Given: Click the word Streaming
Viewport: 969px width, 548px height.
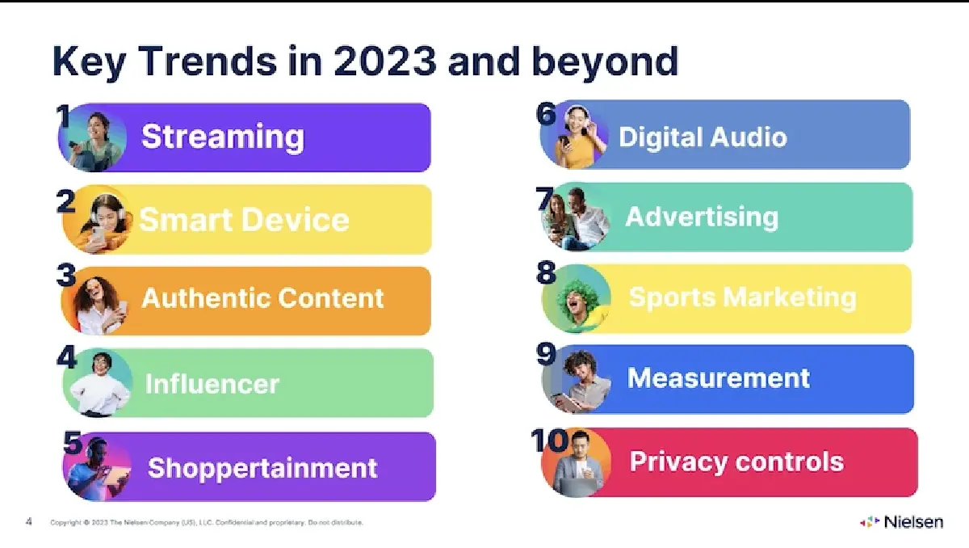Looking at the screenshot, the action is [x=223, y=137].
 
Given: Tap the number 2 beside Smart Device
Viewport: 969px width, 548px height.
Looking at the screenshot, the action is [x=65, y=202].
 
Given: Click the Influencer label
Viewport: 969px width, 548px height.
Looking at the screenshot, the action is [x=212, y=383].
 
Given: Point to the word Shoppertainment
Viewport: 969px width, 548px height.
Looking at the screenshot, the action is [x=262, y=469].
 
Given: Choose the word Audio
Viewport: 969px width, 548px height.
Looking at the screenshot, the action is [x=749, y=137].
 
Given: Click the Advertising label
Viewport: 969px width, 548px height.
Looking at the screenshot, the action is [x=702, y=217].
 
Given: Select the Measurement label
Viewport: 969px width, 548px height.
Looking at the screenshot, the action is [x=719, y=378].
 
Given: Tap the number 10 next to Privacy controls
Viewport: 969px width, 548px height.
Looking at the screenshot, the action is [x=549, y=441].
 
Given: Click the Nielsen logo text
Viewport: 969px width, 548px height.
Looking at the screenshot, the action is [x=913, y=522].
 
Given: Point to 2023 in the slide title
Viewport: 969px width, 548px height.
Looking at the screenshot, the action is [x=385, y=61].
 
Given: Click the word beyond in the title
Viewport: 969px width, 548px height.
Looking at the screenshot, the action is [x=604, y=64].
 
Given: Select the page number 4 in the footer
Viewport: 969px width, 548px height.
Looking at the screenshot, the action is [x=28, y=521].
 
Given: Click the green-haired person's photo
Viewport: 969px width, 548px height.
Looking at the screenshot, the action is [x=576, y=300].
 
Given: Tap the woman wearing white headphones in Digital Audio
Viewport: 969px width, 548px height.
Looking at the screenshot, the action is [x=575, y=136].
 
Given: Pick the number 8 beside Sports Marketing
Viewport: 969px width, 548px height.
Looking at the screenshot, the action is [x=546, y=272].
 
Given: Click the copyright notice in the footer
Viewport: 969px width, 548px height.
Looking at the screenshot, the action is [x=207, y=522].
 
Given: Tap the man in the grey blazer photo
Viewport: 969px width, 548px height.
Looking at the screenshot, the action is [x=577, y=463].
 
